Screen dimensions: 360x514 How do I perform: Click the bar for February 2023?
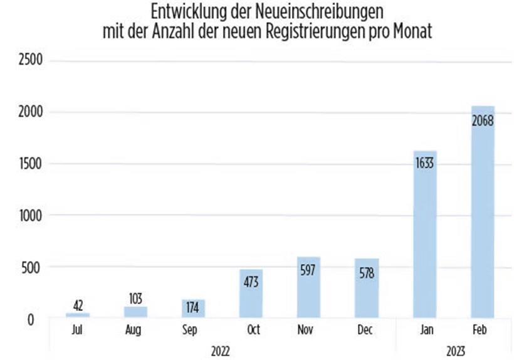(x=483, y=213)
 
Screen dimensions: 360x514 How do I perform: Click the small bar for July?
(x=78, y=315)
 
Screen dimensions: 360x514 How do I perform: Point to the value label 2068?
(x=483, y=120)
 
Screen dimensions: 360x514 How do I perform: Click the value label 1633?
(x=425, y=164)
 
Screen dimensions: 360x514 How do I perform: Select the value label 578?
(x=367, y=273)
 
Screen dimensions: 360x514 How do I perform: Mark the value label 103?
(x=135, y=299)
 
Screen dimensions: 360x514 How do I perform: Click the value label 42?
(x=78, y=305)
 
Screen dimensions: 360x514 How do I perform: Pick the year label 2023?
(x=454, y=351)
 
